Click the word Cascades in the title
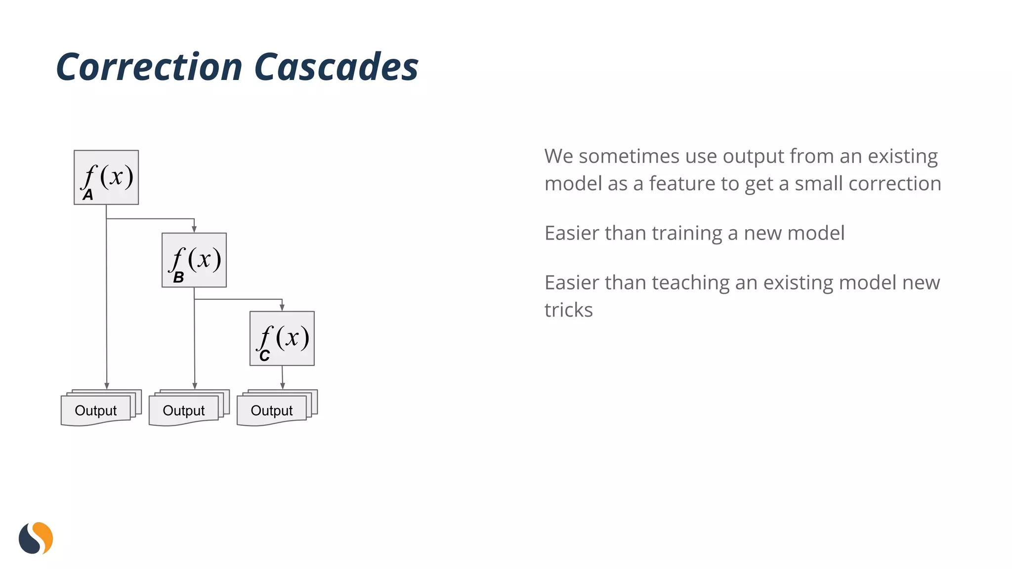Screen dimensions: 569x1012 click(336, 67)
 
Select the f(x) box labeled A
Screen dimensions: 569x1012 click(106, 177)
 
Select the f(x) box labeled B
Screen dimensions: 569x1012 click(194, 260)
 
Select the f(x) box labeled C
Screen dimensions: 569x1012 click(282, 338)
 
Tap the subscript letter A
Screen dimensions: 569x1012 click(88, 195)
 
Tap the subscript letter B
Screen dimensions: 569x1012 click(178, 278)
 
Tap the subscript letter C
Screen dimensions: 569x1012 click(264, 356)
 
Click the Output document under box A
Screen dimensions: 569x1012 click(96, 410)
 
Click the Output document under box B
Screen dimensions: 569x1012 click(184, 410)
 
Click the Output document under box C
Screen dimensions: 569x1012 click(272, 410)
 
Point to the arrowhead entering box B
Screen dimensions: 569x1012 click(194, 229)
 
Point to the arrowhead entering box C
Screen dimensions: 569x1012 click(282, 307)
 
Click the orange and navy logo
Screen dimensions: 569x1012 click(36, 538)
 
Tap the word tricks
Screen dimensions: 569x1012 click(568, 310)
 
